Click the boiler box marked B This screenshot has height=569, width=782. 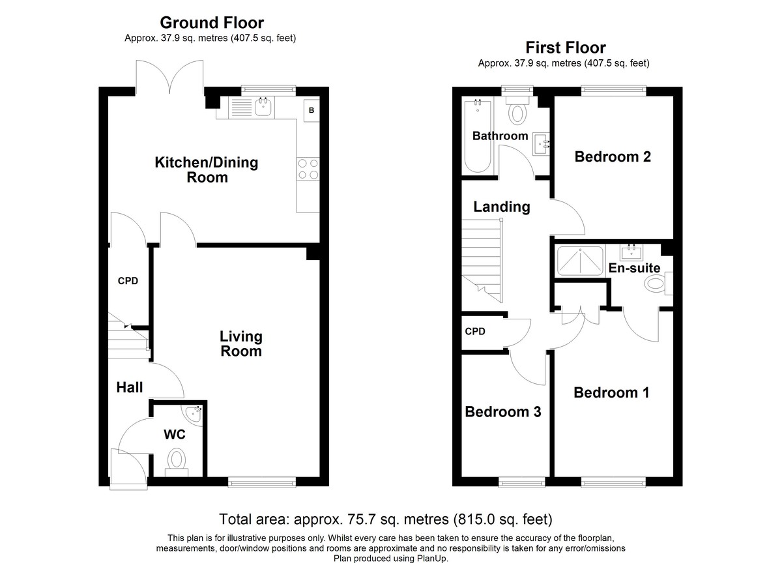[x=311, y=110]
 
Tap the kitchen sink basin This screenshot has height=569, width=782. [x=263, y=106]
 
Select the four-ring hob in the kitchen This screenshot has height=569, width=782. [x=308, y=169]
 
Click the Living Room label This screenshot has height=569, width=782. [x=241, y=344]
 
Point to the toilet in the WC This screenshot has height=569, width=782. [x=177, y=462]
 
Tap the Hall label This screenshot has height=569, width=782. [x=130, y=387]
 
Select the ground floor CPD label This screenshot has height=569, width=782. [x=128, y=281]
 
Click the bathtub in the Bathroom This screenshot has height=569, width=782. [x=478, y=136]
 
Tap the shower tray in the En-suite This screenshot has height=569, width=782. [x=580, y=261]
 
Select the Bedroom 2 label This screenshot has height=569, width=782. [x=613, y=156]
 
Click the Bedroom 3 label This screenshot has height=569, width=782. [x=503, y=412]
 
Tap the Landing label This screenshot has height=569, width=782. [x=502, y=207]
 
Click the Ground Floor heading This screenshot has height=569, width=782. [x=212, y=23]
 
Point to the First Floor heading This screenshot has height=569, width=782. [x=566, y=48]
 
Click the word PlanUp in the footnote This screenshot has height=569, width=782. [x=431, y=559]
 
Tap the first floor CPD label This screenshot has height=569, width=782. [x=475, y=331]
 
